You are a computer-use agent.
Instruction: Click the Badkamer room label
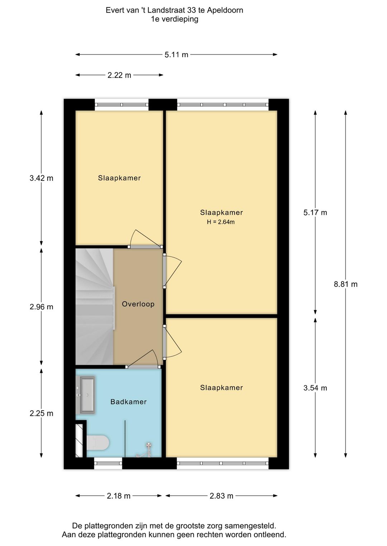pyautogui.click(x=128, y=402)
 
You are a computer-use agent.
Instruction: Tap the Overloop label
pyautogui.click(x=138, y=304)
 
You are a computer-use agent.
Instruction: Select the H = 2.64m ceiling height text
pyautogui.click(x=221, y=222)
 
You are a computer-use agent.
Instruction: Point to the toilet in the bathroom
pyautogui.click(x=98, y=443)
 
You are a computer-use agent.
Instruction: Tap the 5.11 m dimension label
pyautogui.click(x=176, y=55)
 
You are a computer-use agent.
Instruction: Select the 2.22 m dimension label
pyautogui.click(x=119, y=75)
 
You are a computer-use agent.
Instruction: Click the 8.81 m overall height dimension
pyautogui.click(x=345, y=284)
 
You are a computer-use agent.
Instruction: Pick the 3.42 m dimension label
pyautogui.click(x=41, y=178)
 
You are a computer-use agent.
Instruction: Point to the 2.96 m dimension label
pyautogui.click(x=41, y=307)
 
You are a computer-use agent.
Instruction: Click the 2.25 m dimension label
pyautogui.click(x=41, y=413)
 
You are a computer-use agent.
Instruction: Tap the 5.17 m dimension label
pyautogui.click(x=315, y=213)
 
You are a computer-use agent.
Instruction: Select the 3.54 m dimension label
pyautogui.click(x=315, y=388)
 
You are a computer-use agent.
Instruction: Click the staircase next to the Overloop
pyautogui.click(x=95, y=307)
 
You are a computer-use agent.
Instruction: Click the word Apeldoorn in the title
pyautogui.click(x=225, y=10)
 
